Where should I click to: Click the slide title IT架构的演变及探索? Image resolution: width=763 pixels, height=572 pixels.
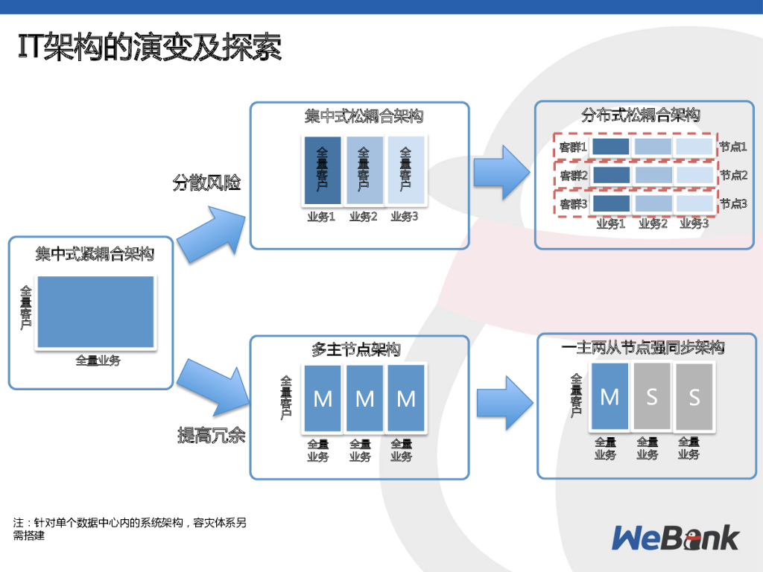click(x=149, y=48)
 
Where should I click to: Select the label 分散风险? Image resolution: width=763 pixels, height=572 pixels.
click(x=207, y=182)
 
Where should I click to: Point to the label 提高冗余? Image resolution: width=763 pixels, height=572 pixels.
click(x=211, y=436)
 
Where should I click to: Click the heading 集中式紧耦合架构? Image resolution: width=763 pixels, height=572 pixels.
click(x=95, y=254)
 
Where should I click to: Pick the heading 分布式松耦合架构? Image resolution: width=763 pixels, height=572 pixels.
click(x=641, y=115)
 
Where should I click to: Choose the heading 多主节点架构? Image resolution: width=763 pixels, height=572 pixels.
click(x=356, y=349)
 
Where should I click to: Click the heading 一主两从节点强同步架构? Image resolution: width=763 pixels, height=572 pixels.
click(x=643, y=348)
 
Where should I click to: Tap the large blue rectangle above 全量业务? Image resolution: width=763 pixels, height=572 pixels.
click(x=95, y=312)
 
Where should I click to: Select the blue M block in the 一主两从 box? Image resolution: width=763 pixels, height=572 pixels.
click(x=610, y=397)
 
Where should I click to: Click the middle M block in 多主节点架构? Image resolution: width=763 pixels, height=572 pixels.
click(x=364, y=398)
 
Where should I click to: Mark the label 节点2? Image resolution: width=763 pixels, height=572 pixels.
click(x=733, y=175)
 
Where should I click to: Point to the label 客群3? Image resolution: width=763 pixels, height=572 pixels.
click(x=574, y=203)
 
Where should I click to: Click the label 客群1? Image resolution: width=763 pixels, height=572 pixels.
click(x=574, y=147)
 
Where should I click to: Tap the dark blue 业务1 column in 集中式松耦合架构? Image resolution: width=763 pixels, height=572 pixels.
click(x=322, y=171)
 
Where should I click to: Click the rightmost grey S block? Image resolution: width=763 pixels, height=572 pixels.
click(x=694, y=397)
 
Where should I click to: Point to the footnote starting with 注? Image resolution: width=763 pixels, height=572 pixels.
click(x=130, y=529)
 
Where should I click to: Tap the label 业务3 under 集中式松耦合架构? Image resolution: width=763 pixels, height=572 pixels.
click(x=405, y=217)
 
